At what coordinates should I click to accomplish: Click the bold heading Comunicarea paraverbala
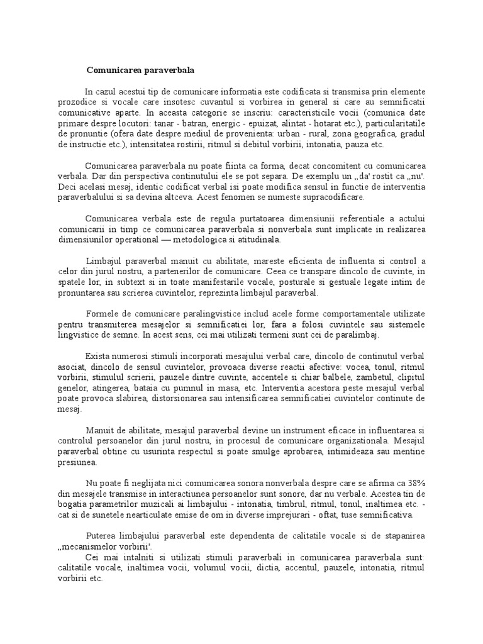[136, 70]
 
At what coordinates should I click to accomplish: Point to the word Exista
[97, 356]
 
